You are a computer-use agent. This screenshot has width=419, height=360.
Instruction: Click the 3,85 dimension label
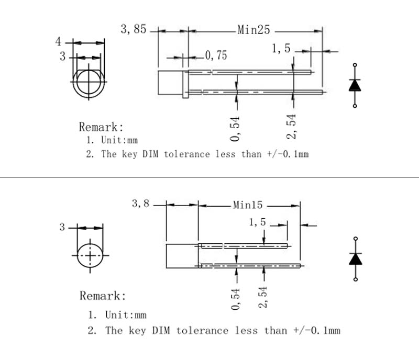[x=134, y=29]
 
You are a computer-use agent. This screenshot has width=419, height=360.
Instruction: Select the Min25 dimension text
[x=253, y=30]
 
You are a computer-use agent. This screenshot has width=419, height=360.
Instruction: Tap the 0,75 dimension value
[x=216, y=55]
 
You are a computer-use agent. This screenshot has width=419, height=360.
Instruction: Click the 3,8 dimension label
[x=140, y=204]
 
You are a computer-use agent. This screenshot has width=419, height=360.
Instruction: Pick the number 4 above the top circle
[x=59, y=41]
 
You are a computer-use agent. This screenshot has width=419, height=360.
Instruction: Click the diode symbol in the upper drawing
[x=355, y=85]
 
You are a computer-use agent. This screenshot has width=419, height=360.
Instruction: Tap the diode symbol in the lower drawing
[x=356, y=258]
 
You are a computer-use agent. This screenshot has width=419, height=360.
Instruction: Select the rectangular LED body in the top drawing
[x=170, y=84]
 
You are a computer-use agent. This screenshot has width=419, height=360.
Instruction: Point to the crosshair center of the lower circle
[x=91, y=255]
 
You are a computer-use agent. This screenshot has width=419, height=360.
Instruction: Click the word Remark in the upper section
[x=101, y=127]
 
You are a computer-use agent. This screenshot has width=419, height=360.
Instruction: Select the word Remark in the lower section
[x=102, y=296]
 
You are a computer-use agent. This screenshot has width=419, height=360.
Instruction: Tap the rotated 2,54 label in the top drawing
[x=292, y=127]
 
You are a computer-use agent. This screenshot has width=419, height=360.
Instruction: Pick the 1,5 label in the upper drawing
[x=281, y=49]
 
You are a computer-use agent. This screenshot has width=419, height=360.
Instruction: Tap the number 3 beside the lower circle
[x=63, y=227]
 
